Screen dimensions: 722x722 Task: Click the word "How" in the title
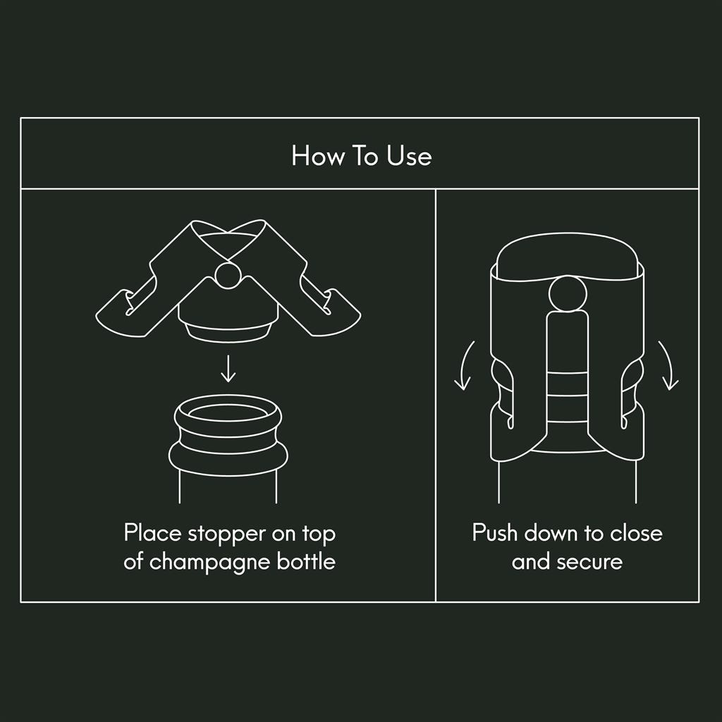tap(318, 156)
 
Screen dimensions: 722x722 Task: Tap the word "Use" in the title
tap(409, 156)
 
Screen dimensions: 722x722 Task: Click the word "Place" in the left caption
tap(153, 533)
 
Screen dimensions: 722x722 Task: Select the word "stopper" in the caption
tap(226, 535)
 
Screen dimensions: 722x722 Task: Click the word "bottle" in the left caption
tap(306, 561)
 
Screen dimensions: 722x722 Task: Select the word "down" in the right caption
tap(551, 533)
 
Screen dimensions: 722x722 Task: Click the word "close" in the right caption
tap(637, 533)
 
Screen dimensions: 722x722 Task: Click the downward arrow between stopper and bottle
tap(228, 368)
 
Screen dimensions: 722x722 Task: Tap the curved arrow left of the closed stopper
tap(464, 366)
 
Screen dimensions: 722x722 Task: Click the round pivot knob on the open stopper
tap(228, 275)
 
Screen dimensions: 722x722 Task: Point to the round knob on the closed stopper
tap(568, 295)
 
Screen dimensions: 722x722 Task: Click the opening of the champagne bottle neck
tap(228, 412)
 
